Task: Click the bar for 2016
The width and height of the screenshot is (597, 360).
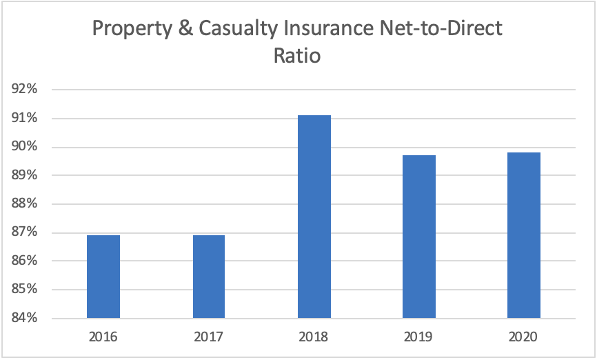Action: (x=103, y=277)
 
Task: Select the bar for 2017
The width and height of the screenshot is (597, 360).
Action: (x=208, y=277)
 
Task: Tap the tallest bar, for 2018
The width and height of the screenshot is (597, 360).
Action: (x=314, y=217)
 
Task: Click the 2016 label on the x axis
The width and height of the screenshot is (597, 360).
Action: (x=103, y=337)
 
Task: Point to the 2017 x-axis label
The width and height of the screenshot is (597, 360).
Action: (x=208, y=337)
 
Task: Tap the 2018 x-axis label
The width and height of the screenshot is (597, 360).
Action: (x=314, y=337)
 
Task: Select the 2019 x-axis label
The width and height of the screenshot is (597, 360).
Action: (x=419, y=337)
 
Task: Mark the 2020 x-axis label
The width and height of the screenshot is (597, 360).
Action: (x=524, y=337)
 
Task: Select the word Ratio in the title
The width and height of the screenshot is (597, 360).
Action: (x=298, y=55)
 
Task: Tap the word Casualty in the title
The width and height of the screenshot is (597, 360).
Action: (x=232, y=29)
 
